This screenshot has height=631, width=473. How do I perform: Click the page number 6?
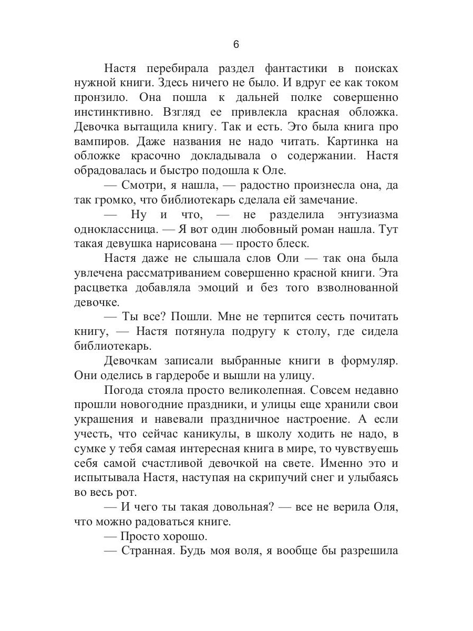click(236, 45)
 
